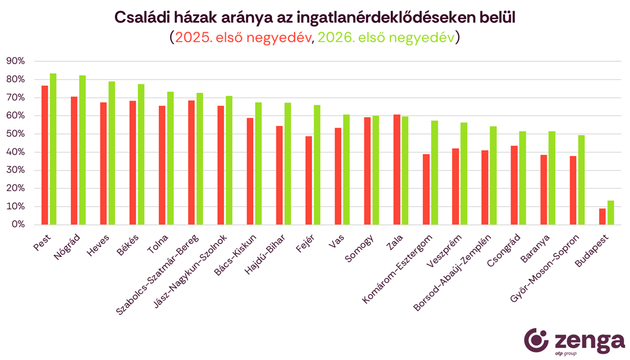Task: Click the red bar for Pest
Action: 45,155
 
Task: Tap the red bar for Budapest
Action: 602,216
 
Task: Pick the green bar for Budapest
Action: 610,212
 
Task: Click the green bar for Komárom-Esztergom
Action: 435,173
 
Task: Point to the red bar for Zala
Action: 397,170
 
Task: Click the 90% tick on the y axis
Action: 15,61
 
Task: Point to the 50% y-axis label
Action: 15,134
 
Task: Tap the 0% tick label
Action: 18,224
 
